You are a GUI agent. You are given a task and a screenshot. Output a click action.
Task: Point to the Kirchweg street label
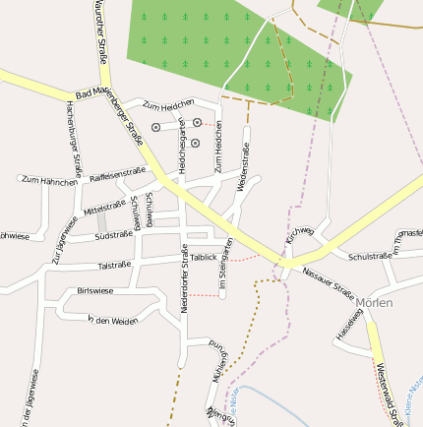[x=299, y=235]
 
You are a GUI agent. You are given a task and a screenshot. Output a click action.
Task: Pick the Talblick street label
[x=204, y=257]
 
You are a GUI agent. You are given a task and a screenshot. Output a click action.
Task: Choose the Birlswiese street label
[x=94, y=291]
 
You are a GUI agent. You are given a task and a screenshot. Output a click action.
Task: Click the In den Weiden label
[x=112, y=321]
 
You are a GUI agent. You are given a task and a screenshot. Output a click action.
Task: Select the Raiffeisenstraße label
[x=117, y=174]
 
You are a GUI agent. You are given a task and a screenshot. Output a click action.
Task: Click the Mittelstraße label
[x=106, y=209]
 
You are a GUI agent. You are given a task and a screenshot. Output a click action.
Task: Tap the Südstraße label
[x=113, y=235]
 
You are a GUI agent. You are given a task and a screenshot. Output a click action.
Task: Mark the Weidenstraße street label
[x=243, y=163]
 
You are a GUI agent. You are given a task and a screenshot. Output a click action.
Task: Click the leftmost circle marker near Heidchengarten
[x=155, y=127]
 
